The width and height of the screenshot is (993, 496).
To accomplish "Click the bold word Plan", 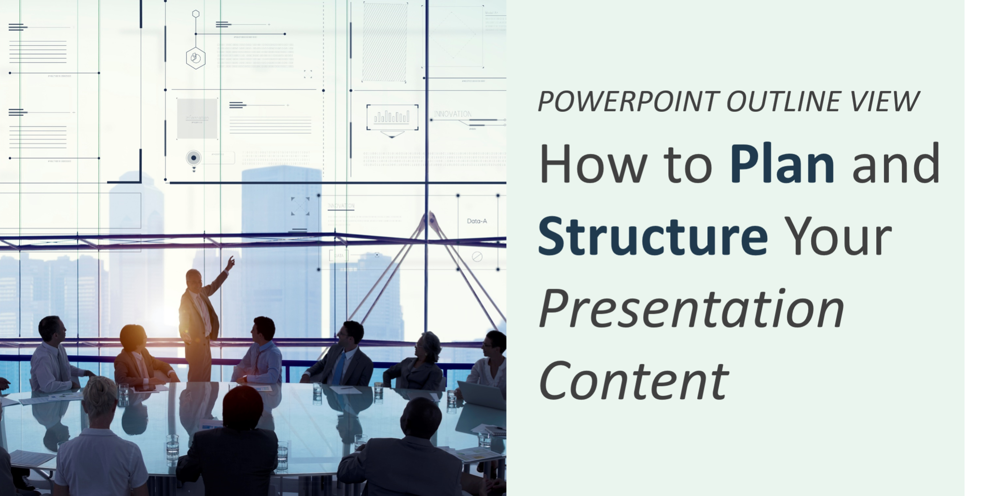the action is click(782, 163).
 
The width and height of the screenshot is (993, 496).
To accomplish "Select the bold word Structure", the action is click(653, 235).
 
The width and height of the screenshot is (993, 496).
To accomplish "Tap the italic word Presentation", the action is click(691, 308).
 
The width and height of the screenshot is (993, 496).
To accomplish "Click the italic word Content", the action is click(634, 380).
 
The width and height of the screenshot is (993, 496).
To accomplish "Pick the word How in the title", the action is click(593, 163).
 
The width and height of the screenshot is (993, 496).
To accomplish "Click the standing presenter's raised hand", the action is click(231, 262).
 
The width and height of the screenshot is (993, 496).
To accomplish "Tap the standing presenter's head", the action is click(194, 280).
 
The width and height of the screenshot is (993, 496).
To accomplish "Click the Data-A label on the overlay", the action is click(477, 221).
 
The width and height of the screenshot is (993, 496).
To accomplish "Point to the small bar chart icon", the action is click(392, 117).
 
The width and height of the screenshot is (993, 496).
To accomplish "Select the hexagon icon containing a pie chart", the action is click(195, 58).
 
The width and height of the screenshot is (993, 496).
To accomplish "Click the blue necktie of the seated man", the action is click(340, 367).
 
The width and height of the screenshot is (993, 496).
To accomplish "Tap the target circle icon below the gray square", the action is click(193, 158).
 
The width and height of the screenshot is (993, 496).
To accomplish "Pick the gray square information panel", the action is click(197, 119).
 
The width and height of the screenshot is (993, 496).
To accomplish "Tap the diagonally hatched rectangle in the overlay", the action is click(385, 42).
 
